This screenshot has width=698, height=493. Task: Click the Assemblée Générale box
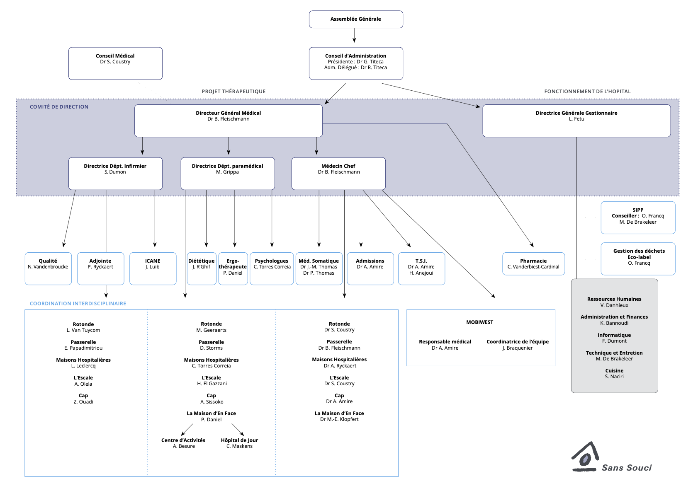356,19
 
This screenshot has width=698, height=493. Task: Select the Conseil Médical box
115,63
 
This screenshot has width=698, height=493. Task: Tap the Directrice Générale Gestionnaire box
576,121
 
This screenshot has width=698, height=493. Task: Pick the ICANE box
153,268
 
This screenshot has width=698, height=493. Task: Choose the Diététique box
202,268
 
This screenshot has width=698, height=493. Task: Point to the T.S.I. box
421,268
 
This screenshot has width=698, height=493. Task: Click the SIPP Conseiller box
638,217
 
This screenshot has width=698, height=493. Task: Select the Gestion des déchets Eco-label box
638,259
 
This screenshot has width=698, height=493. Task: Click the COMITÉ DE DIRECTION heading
59,107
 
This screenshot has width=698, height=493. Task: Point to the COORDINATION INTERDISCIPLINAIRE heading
78,304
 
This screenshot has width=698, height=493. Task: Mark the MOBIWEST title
479,322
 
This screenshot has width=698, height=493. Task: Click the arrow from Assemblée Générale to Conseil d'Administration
354,36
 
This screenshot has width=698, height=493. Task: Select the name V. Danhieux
614,305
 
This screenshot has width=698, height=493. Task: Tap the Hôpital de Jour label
239,440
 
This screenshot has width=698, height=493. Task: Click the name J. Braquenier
518,348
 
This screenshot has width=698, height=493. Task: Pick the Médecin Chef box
338,173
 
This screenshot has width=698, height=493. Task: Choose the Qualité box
48,268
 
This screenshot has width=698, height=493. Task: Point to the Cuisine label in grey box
614,371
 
